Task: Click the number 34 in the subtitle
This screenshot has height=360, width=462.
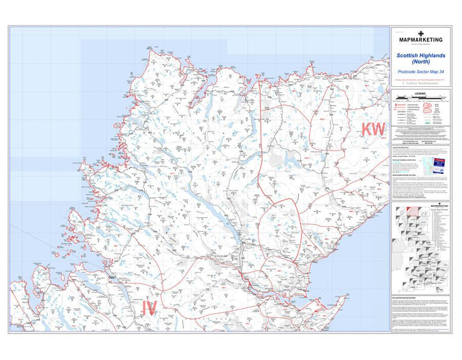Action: pos(441,72)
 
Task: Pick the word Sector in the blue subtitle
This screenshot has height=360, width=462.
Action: pos(425,72)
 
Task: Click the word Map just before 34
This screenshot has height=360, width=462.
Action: pos(435,72)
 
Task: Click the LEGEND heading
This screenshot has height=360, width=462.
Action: pos(421,93)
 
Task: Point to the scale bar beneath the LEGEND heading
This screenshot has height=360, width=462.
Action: pos(421,97)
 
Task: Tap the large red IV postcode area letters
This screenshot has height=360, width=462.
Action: pos(150,308)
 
